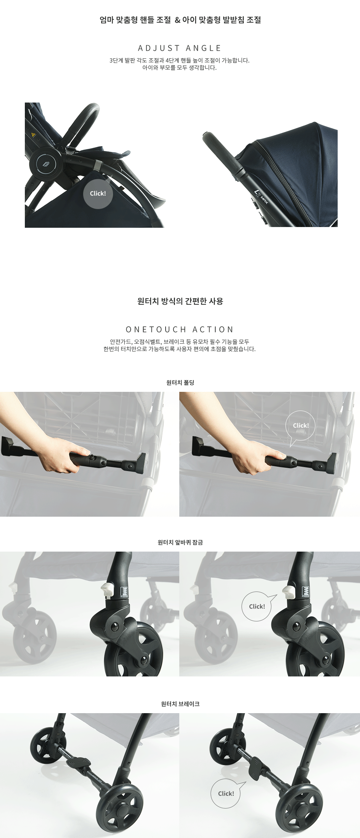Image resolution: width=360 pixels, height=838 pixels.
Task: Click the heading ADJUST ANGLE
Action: (x=180, y=48)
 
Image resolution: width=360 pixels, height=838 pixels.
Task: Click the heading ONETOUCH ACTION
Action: (x=180, y=330)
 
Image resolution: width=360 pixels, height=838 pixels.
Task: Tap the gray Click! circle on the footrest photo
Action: (x=98, y=194)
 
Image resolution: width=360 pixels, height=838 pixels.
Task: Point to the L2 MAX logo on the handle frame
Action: (x=262, y=197)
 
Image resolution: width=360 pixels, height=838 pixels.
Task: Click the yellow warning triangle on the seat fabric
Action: (x=33, y=135)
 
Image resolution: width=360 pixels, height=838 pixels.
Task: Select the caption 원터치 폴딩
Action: (x=180, y=382)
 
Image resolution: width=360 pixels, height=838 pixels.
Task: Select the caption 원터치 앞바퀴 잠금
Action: (x=180, y=542)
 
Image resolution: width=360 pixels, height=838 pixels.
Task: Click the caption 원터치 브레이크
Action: (x=180, y=704)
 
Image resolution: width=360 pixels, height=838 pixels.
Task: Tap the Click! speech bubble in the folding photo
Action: (x=301, y=426)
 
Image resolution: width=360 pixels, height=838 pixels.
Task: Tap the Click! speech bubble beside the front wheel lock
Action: (x=257, y=606)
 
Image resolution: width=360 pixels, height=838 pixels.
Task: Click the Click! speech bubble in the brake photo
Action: (x=226, y=793)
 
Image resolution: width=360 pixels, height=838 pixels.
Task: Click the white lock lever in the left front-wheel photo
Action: (x=107, y=590)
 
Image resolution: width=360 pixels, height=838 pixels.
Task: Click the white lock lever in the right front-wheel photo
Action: (x=288, y=591)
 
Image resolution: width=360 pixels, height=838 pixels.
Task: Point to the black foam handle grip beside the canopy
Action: (x=222, y=153)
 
